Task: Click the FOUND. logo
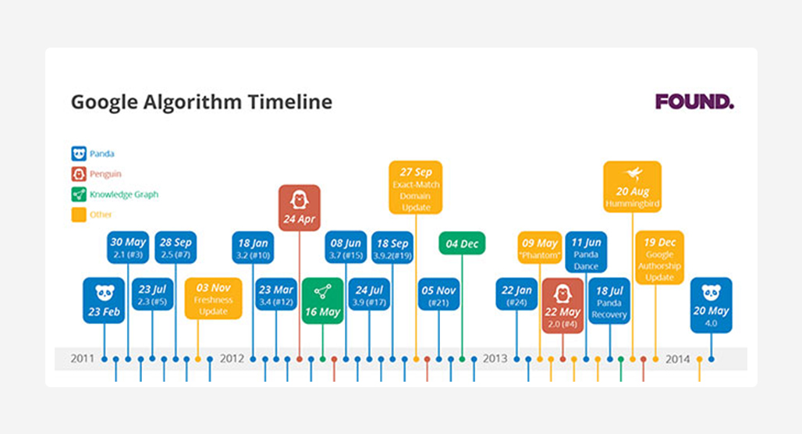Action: tap(694, 101)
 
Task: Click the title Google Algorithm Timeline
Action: tap(201, 101)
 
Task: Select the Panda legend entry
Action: tap(93, 154)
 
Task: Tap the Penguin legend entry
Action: tap(97, 174)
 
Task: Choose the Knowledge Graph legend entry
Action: tap(115, 194)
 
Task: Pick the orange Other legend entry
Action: tap(91, 215)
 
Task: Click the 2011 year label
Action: tap(83, 359)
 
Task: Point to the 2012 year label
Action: tap(232, 359)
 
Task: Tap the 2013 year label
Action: tap(495, 359)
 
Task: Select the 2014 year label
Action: tap(678, 359)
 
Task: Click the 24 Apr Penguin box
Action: tap(300, 208)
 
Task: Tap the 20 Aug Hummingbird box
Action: tap(633, 187)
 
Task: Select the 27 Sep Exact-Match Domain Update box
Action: tap(416, 187)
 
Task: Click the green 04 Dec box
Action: tap(462, 243)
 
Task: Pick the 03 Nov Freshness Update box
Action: tap(213, 298)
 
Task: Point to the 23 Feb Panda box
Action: tap(104, 301)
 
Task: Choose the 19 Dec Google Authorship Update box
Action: tap(660, 258)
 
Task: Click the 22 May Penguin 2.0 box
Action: tap(562, 305)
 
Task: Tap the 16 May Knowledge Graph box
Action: tap(323, 301)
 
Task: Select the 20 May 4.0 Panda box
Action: tap(711, 305)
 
